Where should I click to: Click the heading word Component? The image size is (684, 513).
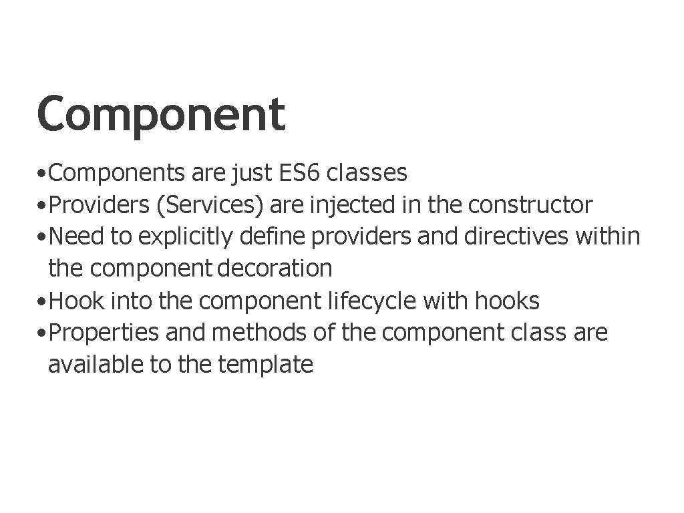(x=161, y=114)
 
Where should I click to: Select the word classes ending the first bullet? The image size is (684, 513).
(x=368, y=173)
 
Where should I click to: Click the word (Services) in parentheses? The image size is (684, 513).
(x=209, y=205)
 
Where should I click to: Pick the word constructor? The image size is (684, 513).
(x=530, y=205)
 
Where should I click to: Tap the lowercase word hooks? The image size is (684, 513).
(x=507, y=301)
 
